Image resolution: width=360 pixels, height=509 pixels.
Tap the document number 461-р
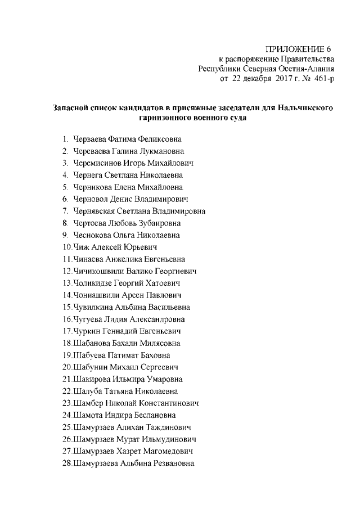[321, 79]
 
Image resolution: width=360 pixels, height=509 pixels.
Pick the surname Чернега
[88, 175]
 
